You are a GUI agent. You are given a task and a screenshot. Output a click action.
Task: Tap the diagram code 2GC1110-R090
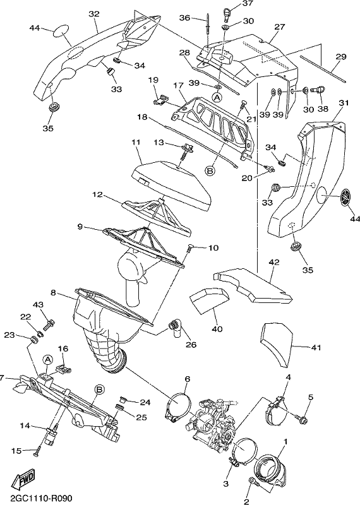point(36,498)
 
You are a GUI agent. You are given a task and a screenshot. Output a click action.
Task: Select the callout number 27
point(280,27)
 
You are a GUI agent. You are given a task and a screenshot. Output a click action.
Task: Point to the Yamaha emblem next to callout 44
point(346,196)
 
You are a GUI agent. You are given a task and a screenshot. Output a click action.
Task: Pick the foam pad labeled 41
point(277,345)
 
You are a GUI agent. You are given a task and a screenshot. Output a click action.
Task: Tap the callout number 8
point(54,293)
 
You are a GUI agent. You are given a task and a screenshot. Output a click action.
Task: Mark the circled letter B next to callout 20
point(210,170)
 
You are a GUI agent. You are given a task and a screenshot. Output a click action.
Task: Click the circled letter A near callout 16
point(48,360)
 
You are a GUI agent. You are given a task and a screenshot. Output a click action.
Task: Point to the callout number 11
point(136,141)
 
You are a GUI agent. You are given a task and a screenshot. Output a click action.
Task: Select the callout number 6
point(187,379)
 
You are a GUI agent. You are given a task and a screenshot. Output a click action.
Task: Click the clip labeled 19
point(160,100)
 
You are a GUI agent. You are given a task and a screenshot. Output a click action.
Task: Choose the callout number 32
point(93,14)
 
